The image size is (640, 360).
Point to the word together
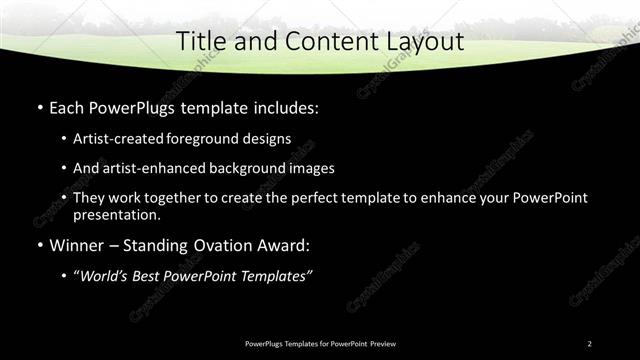[x=191, y=198]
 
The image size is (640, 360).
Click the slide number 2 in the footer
[x=589, y=344]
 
